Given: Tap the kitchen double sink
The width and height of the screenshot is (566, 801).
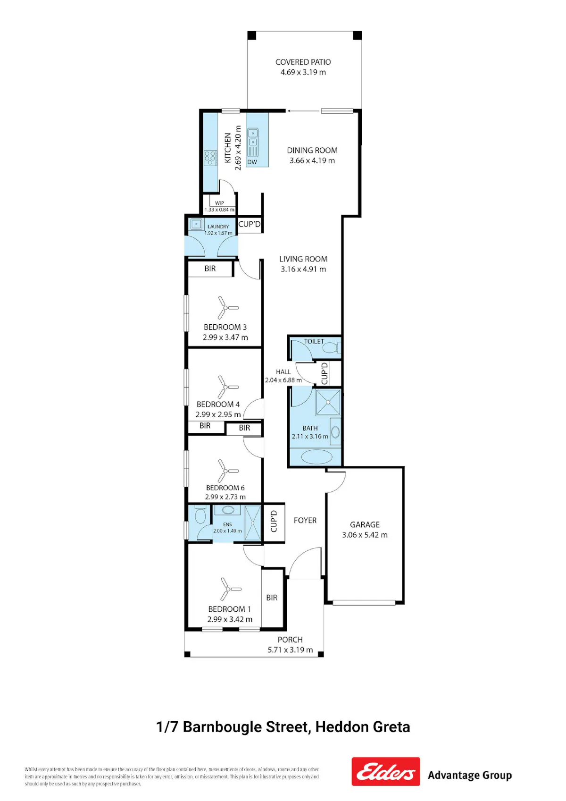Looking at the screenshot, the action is tap(253, 138).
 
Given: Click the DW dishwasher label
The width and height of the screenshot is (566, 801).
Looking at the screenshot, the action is tap(252, 162).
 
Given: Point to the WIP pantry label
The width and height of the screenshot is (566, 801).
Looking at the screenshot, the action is tap(219, 203).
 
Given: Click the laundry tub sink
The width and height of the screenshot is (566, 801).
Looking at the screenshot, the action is tap(196, 224).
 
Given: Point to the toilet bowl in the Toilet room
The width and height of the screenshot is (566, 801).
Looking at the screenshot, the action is tap(333, 347).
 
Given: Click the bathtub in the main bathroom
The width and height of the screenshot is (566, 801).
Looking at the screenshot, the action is tap(316, 456).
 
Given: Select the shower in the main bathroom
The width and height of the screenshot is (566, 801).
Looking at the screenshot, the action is tap(328, 402).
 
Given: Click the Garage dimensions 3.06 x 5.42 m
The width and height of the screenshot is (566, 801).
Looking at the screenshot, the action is tap(365, 535).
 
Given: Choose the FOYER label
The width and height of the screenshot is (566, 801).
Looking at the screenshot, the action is tap(305, 520).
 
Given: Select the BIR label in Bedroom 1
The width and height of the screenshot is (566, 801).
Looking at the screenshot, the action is tap(272, 598).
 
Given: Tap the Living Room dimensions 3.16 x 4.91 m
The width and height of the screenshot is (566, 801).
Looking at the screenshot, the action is tap(303, 269).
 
